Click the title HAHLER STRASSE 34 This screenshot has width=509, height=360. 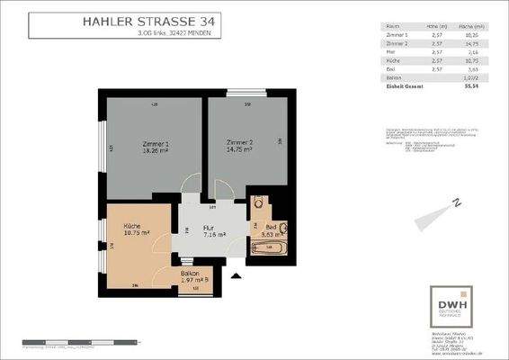[x=148, y=19]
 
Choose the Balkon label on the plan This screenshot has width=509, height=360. [x=190, y=272]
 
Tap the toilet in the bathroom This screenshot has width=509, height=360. [x=281, y=228]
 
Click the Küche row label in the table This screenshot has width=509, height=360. [x=394, y=61]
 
